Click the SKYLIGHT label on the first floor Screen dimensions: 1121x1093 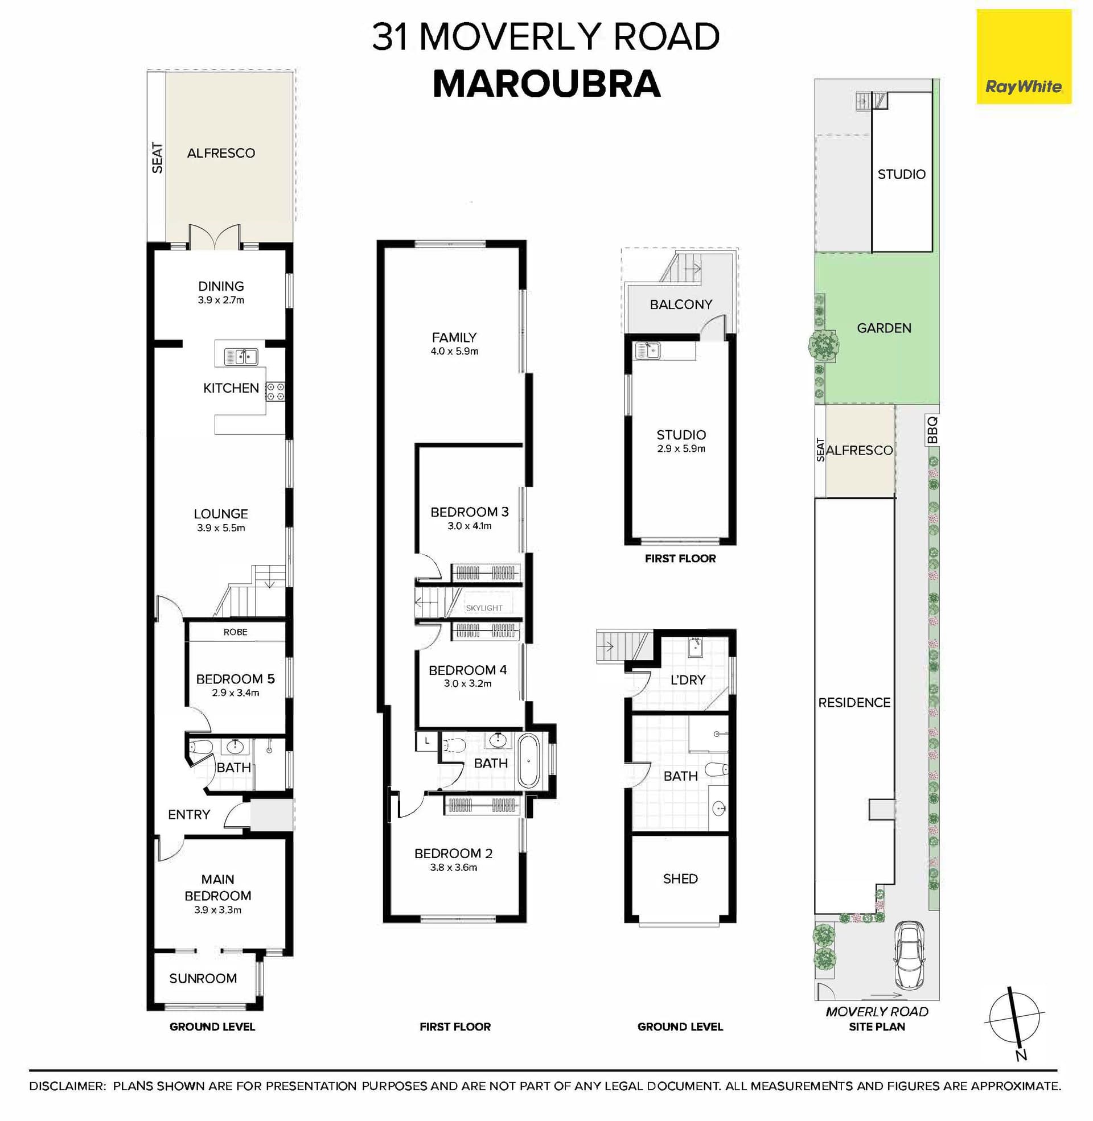pyautogui.click(x=484, y=608)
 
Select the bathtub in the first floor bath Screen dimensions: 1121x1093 pyautogui.click(x=528, y=761)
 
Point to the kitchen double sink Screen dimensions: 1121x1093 pyautogui.click(x=241, y=357)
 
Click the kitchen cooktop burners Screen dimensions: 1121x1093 pyautogui.click(x=276, y=391)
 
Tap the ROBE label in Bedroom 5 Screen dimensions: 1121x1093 pyautogui.click(x=235, y=632)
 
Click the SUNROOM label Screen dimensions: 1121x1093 pyautogui.click(x=203, y=978)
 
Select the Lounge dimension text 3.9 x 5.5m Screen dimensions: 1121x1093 pyautogui.click(x=221, y=528)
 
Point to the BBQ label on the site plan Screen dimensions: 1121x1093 pyautogui.click(x=932, y=430)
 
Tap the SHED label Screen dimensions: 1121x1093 pyautogui.click(x=680, y=879)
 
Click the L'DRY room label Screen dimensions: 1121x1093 pyautogui.click(x=688, y=680)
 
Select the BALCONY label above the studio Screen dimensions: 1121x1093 pyautogui.click(x=681, y=304)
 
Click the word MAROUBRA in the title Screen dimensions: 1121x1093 pyautogui.click(x=546, y=84)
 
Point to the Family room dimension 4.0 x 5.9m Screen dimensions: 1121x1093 pyautogui.click(x=454, y=351)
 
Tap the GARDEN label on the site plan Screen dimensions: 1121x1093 pyautogui.click(x=884, y=328)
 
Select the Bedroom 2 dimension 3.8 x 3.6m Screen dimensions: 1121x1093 pyautogui.click(x=454, y=867)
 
